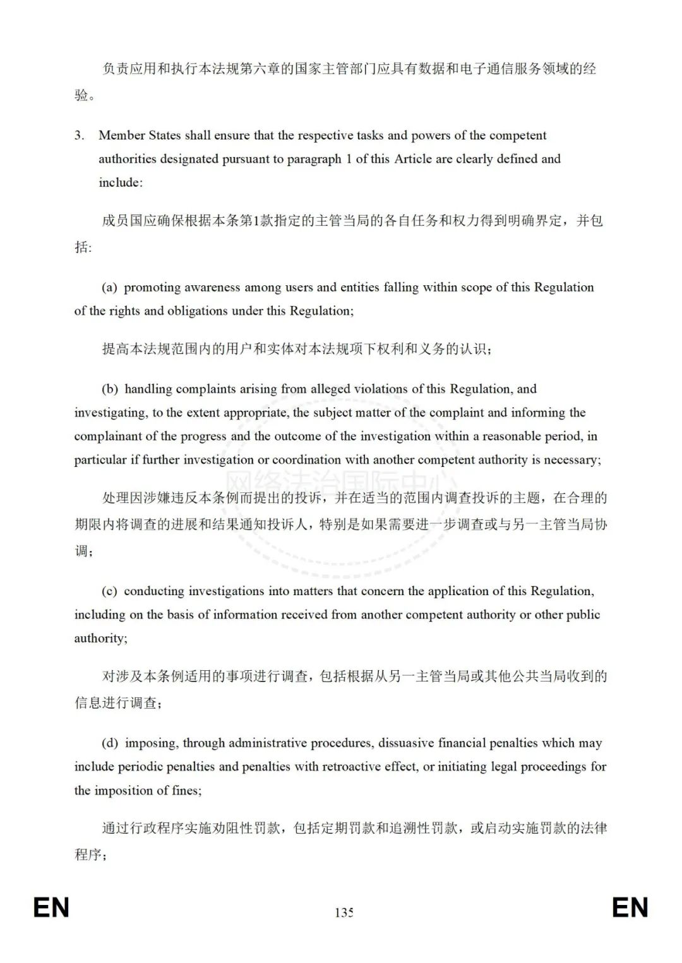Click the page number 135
pos(344,913)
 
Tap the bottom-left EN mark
pos(51,907)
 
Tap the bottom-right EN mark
pos(630,907)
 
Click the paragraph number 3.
pos(79,135)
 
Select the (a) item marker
pos(109,287)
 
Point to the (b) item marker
pos(110,389)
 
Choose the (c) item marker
pos(109,591)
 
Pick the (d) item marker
pos(110,743)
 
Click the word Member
pos(122,135)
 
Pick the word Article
pos(413,159)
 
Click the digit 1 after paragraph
pos(349,159)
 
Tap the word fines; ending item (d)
pos(187,791)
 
